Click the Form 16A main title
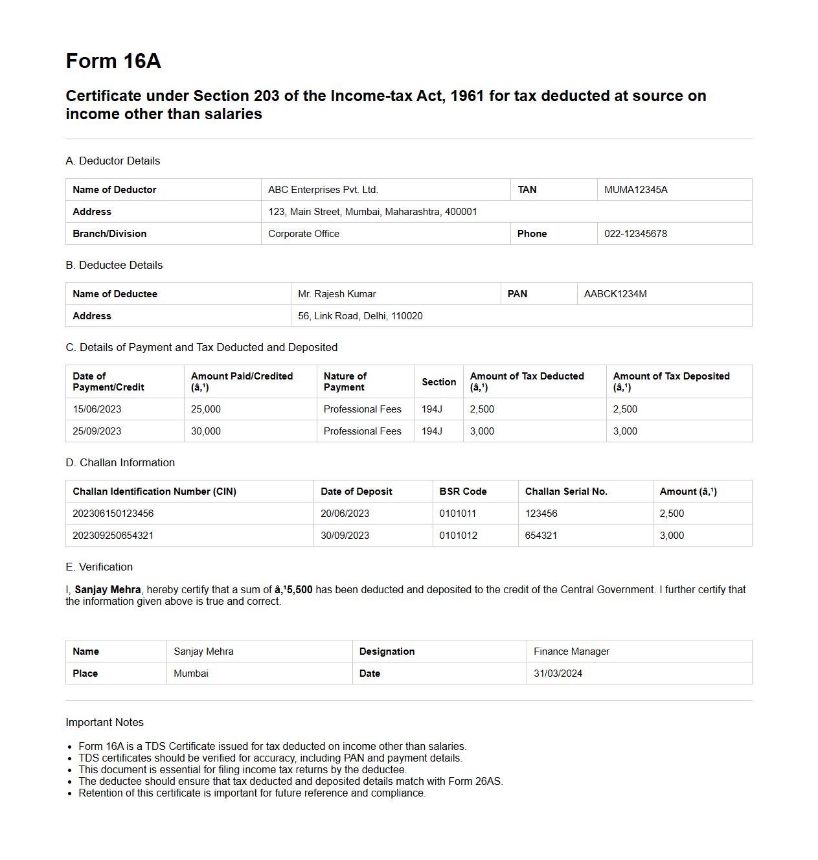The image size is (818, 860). (113, 61)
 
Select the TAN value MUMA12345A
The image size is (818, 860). (635, 190)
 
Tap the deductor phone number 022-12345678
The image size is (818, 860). (635, 234)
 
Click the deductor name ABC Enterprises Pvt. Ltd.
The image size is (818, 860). (323, 190)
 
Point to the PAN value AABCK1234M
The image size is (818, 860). (615, 294)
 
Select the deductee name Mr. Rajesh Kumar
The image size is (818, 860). (337, 294)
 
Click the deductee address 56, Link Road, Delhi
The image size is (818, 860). (360, 316)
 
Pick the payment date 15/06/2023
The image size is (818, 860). (97, 409)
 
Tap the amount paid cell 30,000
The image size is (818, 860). (206, 431)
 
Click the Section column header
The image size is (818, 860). (438, 382)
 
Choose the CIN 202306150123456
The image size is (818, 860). (113, 514)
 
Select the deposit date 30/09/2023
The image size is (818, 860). (345, 536)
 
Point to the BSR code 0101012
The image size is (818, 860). (458, 536)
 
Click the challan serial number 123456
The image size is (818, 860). (541, 514)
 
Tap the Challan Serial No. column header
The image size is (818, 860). (566, 492)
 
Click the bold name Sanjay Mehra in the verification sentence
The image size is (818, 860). (108, 589)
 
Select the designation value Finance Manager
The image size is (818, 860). (571, 651)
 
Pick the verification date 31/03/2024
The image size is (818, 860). (558, 673)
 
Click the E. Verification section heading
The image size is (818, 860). (99, 567)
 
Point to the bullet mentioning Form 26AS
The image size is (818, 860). (290, 781)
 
